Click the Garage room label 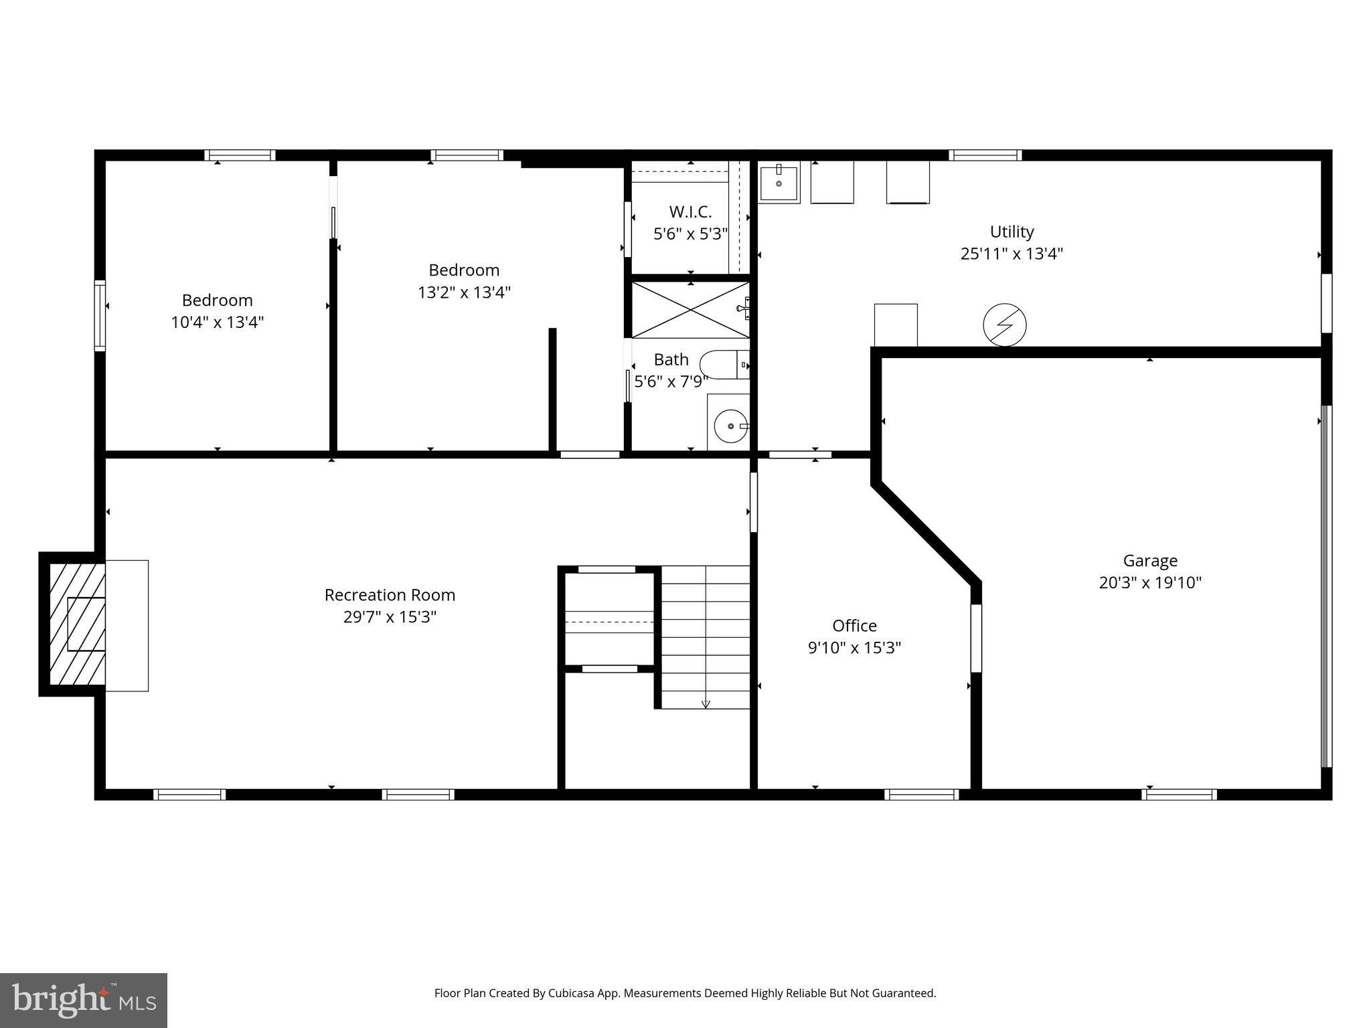(x=1150, y=561)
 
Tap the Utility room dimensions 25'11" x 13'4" (x=1012, y=254)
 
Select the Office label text (x=854, y=626)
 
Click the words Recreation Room (x=390, y=595)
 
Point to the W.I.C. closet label (x=690, y=212)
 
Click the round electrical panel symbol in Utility (x=1004, y=325)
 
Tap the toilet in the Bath (x=724, y=365)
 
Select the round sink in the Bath (x=730, y=426)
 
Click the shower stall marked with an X (x=690, y=310)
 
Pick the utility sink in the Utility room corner (x=779, y=182)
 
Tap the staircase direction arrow (x=706, y=703)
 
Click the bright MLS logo (x=84, y=1001)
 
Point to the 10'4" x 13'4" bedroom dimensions (x=217, y=323)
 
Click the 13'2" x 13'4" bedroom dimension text (x=464, y=292)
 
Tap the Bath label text (x=671, y=360)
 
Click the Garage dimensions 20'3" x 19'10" (x=1150, y=583)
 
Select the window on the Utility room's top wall (x=985, y=155)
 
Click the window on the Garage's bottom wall (x=1179, y=794)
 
